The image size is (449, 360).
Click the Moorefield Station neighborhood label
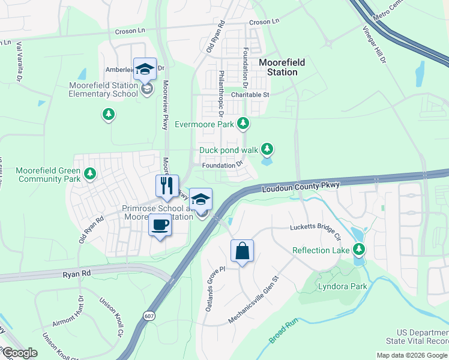pyautogui.click(x=282, y=67)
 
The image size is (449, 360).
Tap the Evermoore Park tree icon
pyautogui.click(x=243, y=124)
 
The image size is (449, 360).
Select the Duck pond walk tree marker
pyautogui.click(x=267, y=149)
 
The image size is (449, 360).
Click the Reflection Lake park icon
pyautogui.click(x=359, y=248)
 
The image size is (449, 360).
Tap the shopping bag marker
pyautogui.click(x=242, y=251)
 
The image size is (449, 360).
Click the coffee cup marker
pyautogui.click(x=160, y=226)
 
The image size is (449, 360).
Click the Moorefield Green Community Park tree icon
pyautogui.click(x=90, y=174)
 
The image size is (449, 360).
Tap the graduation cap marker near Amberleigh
pyautogui.click(x=145, y=70)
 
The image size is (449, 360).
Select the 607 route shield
pyautogui.click(x=149, y=315)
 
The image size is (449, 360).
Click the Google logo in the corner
pyautogui.click(x=20, y=353)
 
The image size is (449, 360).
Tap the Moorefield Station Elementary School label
pyautogui.click(x=103, y=89)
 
